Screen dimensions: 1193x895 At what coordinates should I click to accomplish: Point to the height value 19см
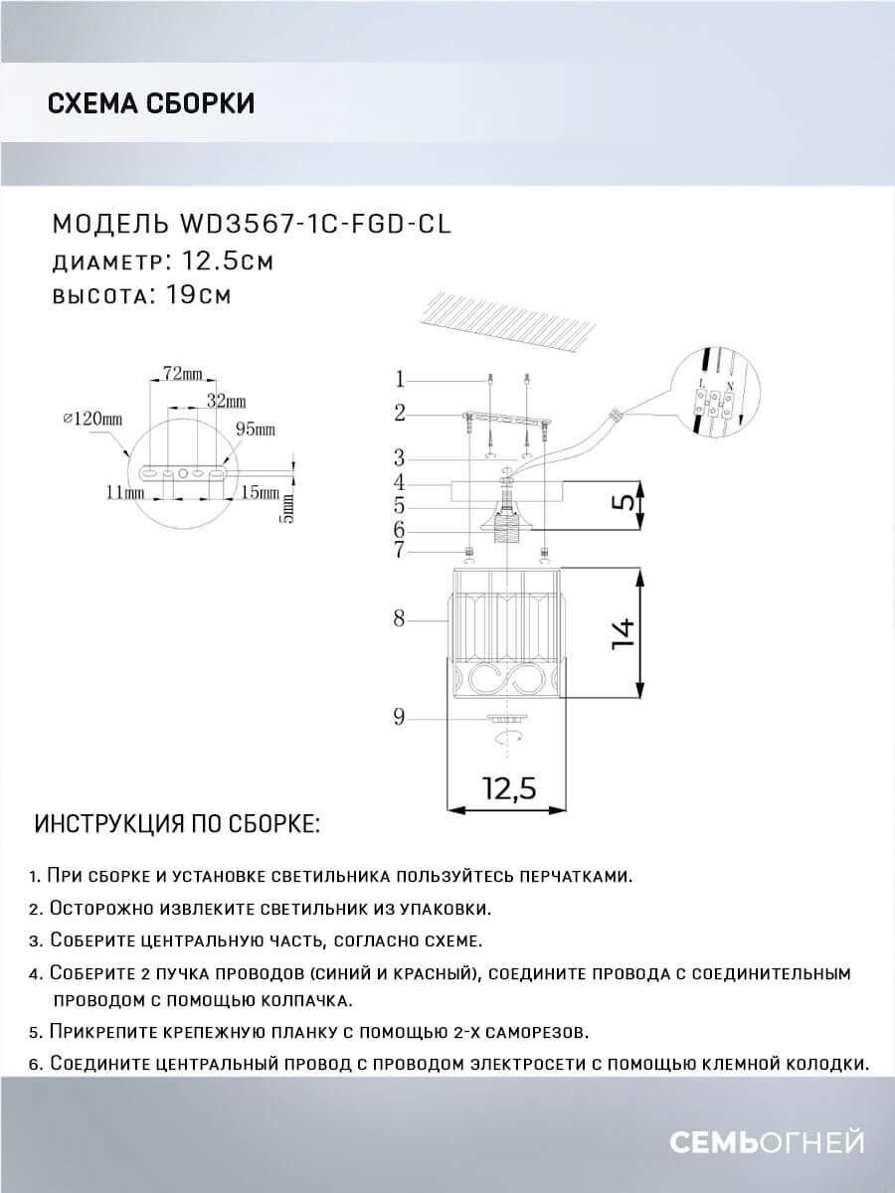[195, 296]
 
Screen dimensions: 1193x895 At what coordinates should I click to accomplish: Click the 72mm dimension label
[182, 375]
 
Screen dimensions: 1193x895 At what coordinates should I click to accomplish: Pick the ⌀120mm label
[91, 420]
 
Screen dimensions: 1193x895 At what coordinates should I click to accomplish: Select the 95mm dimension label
[256, 429]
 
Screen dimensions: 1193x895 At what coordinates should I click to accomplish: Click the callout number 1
[399, 379]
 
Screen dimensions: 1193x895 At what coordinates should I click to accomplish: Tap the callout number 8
[399, 618]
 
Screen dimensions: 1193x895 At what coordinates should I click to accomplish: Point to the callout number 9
[399, 717]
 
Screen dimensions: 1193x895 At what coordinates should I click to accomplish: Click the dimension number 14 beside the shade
[624, 632]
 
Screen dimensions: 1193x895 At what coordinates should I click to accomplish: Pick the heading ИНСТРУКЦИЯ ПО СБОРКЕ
[178, 825]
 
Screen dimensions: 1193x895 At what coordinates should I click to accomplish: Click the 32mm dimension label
[227, 402]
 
